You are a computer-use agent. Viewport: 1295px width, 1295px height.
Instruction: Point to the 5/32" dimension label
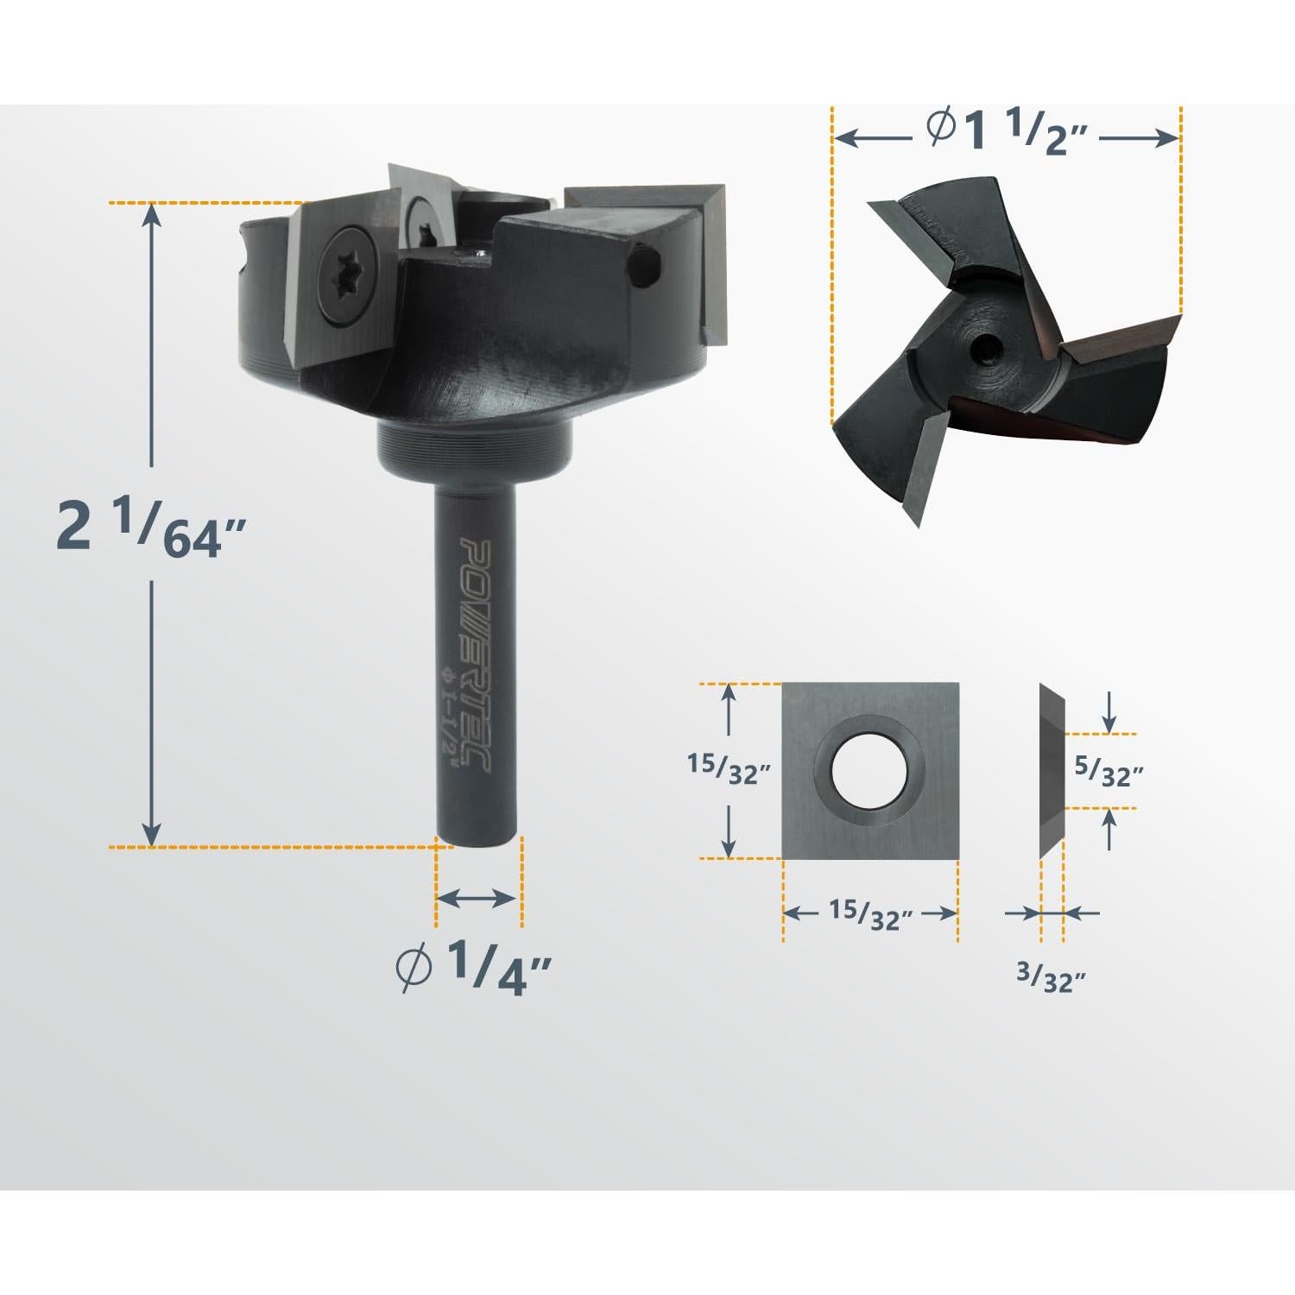click(1109, 770)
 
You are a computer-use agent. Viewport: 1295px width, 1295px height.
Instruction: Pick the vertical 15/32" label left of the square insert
click(727, 768)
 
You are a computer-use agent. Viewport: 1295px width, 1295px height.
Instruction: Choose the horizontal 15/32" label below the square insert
click(870, 914)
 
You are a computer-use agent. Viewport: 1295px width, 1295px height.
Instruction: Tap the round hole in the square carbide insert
click(869, 770)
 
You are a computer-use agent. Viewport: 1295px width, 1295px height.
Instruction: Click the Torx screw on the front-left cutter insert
click(344, 278)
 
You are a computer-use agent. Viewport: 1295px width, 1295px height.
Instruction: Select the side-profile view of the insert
click(1051, 770)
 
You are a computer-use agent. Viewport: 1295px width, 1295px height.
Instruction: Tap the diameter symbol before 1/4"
click(414, 967)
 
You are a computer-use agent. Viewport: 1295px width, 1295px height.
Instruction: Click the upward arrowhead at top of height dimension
click(152, 214)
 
